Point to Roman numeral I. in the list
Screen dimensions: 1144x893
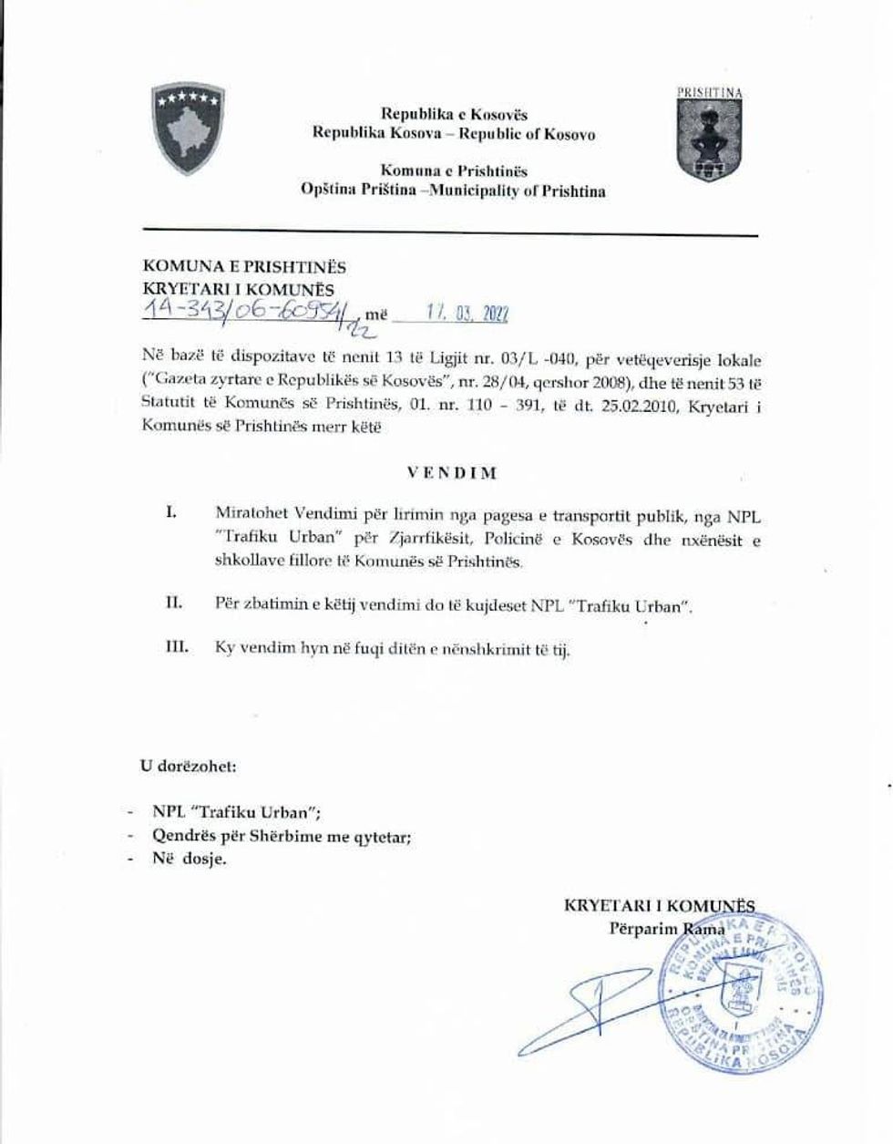pos(169,513)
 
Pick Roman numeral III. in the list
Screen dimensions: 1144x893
pos(174,648)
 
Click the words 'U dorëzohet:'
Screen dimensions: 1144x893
pos(189,766)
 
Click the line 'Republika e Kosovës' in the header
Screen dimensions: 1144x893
pos(454,116)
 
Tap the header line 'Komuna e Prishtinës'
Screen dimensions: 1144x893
pos(454,171)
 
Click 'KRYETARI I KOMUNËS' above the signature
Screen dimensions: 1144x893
pos(659,906)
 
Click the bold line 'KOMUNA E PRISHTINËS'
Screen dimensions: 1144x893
pos(245,268)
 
